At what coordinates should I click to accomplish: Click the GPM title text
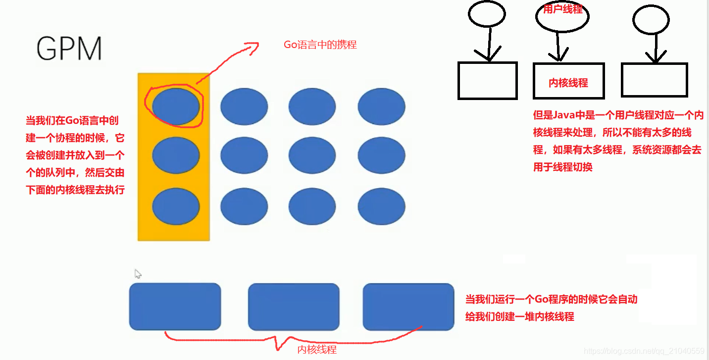(69, 49)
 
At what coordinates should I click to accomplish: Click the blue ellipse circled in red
(176, 105)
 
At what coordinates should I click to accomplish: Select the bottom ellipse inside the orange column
(176, 206)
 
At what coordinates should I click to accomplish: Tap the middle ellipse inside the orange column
(176, 155)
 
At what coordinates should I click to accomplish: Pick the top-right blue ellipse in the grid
(381, 105)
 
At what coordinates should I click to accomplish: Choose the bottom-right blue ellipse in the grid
(381, 206)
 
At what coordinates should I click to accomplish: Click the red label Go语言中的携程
(320, 45)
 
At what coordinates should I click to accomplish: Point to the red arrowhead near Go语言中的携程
(253, 46)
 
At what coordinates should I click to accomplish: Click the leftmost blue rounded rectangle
(175, 307)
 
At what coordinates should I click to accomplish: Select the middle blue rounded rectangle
(294, 307)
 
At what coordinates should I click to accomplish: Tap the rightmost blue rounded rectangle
(408, 307)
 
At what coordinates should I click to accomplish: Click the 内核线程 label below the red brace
(317, 350)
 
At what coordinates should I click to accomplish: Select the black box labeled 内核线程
(568, 81)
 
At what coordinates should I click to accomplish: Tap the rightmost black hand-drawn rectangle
(654, 79)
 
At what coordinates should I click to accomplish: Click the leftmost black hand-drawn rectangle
(487, 81)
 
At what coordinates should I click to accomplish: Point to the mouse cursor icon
(138, 273)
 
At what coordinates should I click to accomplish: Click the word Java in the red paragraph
(564, 115)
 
